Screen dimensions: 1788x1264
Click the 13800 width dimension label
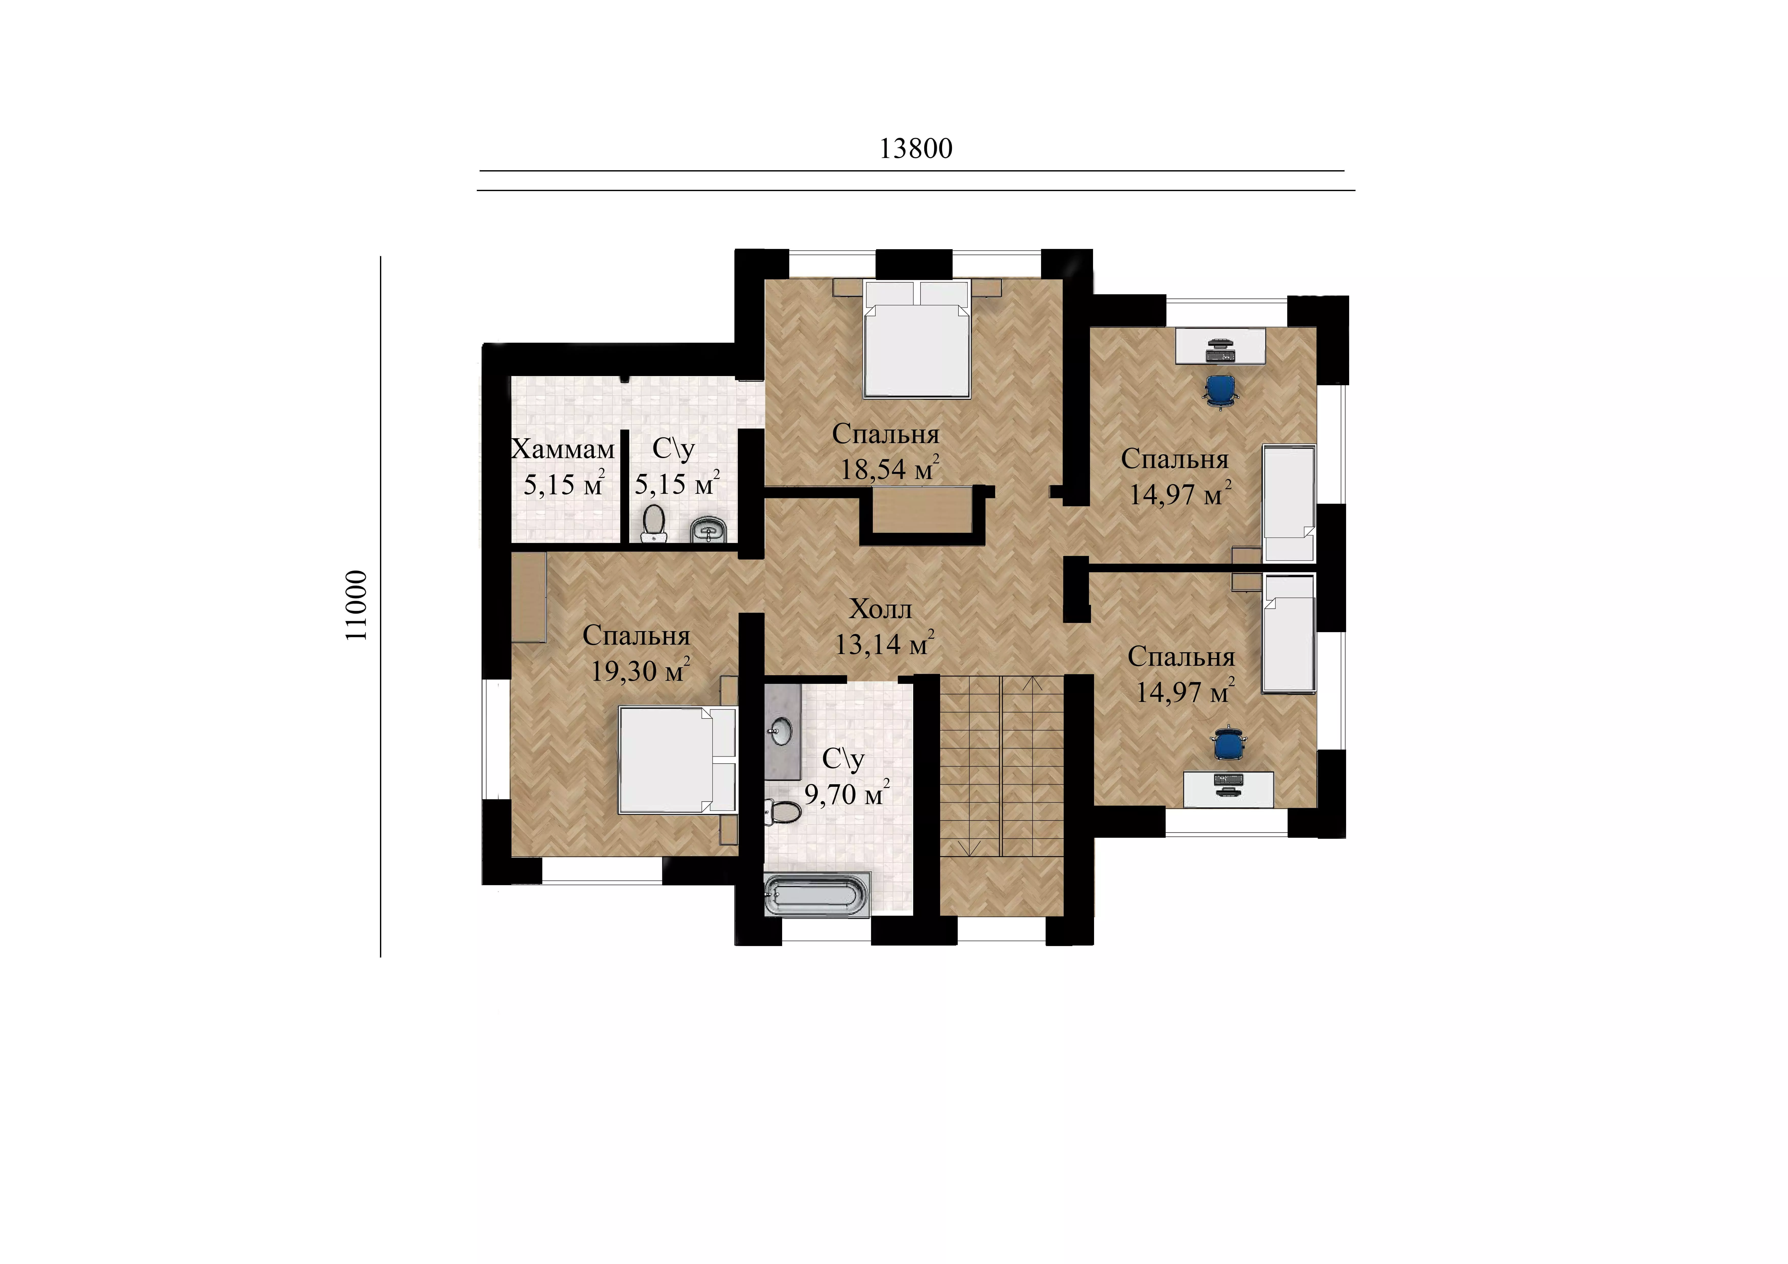[x=916, y=149]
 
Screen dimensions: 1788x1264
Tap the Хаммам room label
[x=563, y=449]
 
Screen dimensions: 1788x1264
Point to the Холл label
[x=881, y=609]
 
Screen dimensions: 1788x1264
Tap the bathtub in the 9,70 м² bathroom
[x=816, y=896]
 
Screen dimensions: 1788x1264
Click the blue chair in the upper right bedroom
[x=1220, y=389]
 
